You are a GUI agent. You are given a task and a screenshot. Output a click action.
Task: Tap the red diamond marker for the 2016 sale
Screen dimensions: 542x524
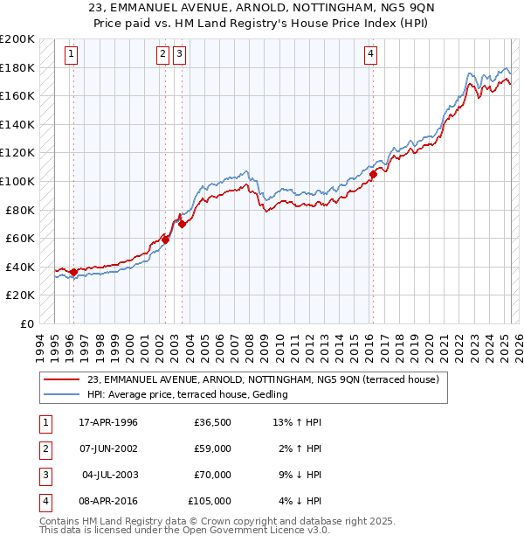[x=373, y=174]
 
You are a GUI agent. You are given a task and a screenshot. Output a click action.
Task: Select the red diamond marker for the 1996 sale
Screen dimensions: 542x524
[x=73, y=272]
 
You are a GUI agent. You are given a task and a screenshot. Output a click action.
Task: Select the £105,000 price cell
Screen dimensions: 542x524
[x=210, y=501]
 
